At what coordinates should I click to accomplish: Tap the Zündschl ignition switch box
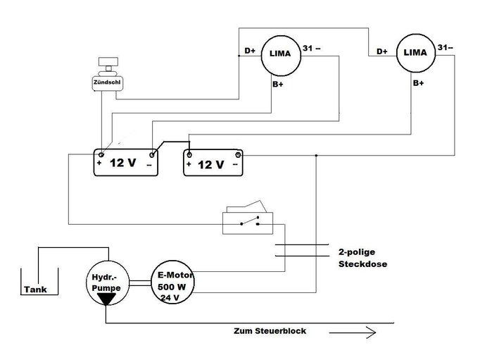click(108, 82)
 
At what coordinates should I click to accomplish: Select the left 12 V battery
click(127, 163)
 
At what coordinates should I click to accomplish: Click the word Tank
click(35, 289)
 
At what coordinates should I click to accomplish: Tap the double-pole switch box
click(246, 221)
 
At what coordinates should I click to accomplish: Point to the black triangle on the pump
click(106, 299)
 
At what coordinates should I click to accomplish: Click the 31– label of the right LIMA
click(445, 48)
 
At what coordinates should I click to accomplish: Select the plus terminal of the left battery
click(101, 163)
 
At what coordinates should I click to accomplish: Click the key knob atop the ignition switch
click(108, 64)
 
